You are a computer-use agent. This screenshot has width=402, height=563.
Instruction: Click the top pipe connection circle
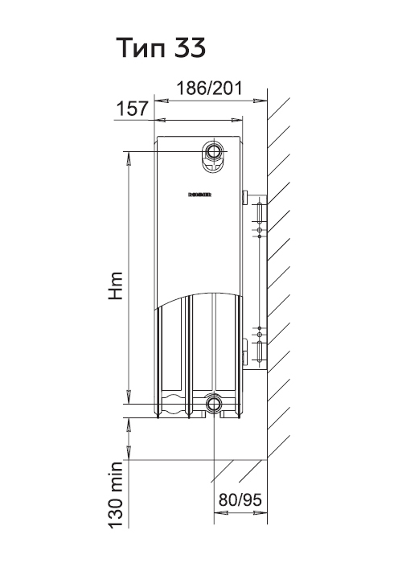214,151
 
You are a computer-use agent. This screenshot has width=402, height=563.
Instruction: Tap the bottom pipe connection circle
214,403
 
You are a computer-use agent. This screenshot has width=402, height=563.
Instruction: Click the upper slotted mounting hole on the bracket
260,212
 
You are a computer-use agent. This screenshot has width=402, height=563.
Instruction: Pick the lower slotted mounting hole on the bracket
260,351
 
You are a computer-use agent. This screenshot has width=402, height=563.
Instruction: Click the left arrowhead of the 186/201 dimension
161,101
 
